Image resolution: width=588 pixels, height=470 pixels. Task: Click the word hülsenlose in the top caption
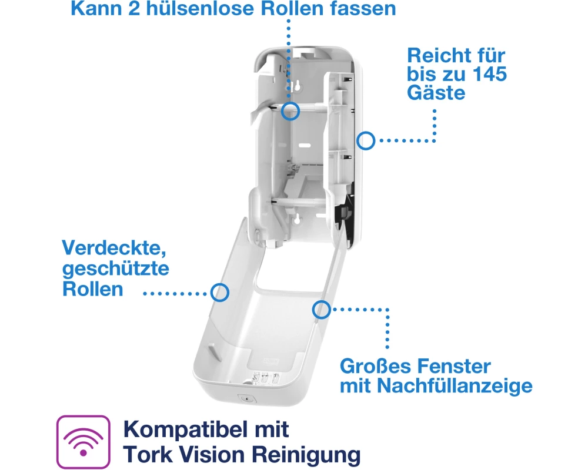(200, 8)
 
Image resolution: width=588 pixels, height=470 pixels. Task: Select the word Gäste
(436, 93)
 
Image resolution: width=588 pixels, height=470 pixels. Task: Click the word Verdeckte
(114, 248)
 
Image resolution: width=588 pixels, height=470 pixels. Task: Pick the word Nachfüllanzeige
(455, 386)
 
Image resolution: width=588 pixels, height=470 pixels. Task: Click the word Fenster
(454, 366)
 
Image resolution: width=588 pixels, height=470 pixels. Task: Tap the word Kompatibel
(185, 429)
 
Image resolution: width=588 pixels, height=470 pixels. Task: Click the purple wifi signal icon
(83, 442)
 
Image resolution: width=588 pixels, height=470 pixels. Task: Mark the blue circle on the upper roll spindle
(290, 111)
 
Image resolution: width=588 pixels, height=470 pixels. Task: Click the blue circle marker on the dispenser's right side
(366, 141)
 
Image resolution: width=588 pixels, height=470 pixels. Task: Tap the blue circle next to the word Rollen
(220, 293)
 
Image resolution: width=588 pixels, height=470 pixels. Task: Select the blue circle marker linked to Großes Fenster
(322, 310)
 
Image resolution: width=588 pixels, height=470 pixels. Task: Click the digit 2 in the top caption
(134, 8)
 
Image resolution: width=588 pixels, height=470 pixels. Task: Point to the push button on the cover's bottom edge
(247, 398)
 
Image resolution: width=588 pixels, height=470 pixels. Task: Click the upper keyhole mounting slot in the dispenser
(297, 86)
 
